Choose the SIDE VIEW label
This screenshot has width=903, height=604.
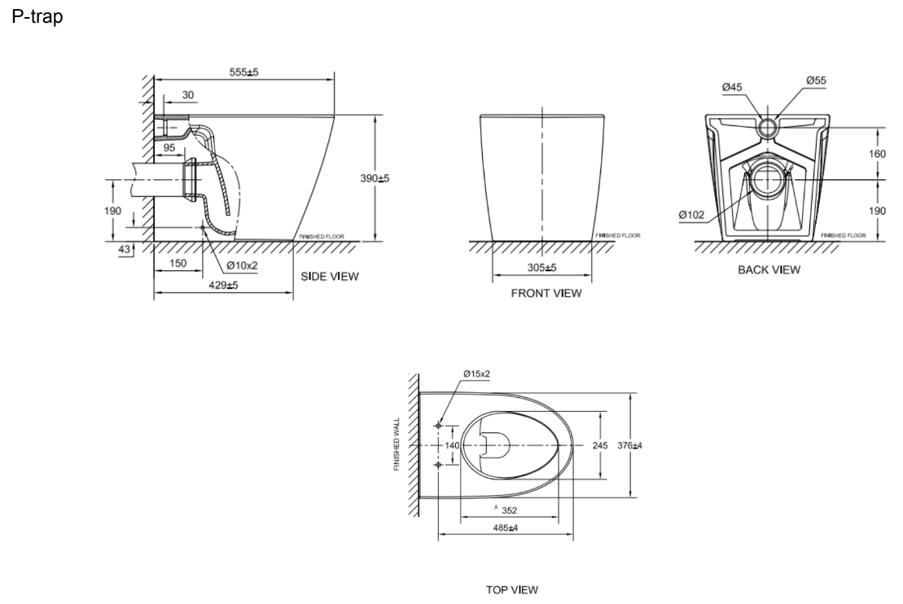point(330,276)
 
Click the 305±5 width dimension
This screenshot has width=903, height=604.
point(538,268)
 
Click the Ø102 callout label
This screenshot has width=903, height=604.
point(691,215)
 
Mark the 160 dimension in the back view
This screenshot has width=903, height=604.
point(878,152)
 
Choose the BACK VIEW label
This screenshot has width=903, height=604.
point(769,269)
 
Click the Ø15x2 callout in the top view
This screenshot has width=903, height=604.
point(476,374)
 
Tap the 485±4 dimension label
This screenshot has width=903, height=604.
point(506,528)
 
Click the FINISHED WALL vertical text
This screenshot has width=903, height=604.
point(397,445)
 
